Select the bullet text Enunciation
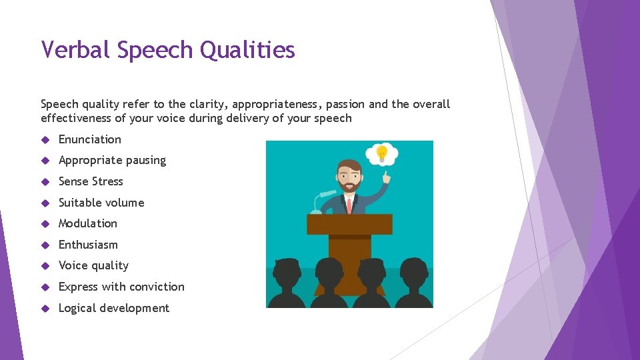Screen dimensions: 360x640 [x=90, y=139]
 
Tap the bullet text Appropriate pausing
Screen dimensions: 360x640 [x=112, y=161]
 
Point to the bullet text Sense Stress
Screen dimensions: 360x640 [x=91, y=181]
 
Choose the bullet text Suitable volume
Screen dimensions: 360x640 [x=101, y=203]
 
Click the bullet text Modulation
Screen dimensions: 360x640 [x=88, y=223]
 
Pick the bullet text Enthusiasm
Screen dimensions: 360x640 [x=88, y=245]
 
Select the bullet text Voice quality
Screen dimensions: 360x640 [x=93, y=266]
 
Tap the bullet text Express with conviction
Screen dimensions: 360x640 [x=121, y=287]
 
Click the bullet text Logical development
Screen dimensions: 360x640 [x=114, y=308]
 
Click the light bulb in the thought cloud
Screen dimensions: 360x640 [x=381, y=153]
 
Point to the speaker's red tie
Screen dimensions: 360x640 [x=349, y=205]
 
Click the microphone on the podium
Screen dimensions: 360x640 [x=326, y=194]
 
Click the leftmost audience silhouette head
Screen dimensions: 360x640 [x=287, y=272]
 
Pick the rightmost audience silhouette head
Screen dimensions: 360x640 [x=413, y=272]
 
